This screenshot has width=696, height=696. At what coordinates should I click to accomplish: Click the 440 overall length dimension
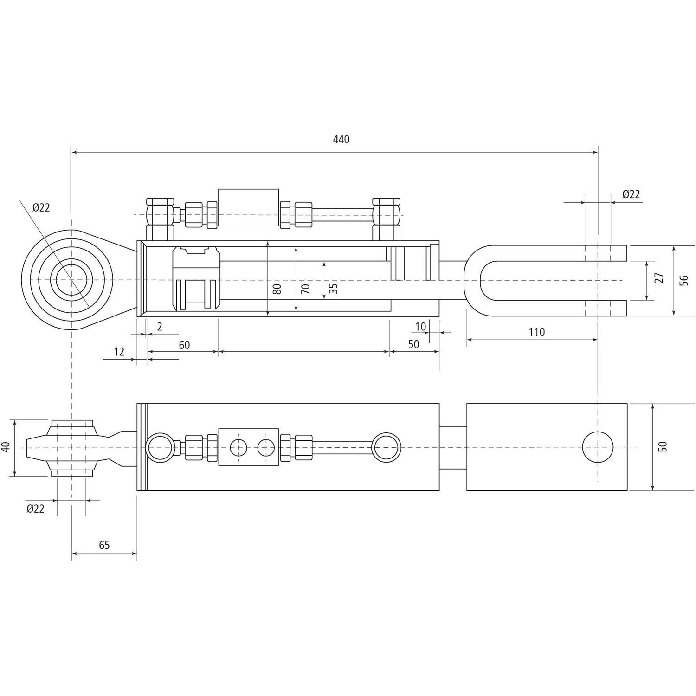pyautogui.click(x=341, y=139)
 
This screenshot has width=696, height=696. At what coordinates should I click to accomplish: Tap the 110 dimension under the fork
pyautogui.click(x=536, y=332)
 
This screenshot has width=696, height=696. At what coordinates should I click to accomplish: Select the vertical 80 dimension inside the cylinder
pyautogui.click(x=277, y=289)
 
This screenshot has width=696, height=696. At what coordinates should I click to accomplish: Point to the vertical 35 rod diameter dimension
pyautogui.click(x=333, y=288)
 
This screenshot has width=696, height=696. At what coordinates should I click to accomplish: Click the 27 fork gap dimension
pyautogui.click(x=659, y=278)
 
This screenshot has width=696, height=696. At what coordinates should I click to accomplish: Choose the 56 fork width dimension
pyautogui.click(x=684, y=280)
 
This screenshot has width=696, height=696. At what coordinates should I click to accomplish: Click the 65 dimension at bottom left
pyautogui.click(x=104, y=545)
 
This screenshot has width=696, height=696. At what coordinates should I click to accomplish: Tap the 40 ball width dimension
pyautogui.click(x=6, y=447)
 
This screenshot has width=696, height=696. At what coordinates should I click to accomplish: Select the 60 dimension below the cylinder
pyautogui.click(x=184, y=345)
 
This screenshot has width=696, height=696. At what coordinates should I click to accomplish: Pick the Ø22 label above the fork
pyautogui.click(x=631, y=194)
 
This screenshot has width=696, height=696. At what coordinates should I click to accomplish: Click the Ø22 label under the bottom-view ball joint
pyautogui.click(x=36, y=509)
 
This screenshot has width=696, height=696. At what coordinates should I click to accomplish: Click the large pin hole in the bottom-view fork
pyautogui.click(x=598, y=447)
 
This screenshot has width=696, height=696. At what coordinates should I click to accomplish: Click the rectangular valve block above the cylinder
pyautogui.click(x=248, y=207)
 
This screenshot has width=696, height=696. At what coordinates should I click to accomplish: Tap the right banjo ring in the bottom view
pyautogui.click(x=387, y=447)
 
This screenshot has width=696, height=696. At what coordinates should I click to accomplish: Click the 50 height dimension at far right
pyautogui.click(x=663, y=446)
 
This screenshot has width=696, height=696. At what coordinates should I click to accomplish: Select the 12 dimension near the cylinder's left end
pyautogui.click(x=119, y=352)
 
